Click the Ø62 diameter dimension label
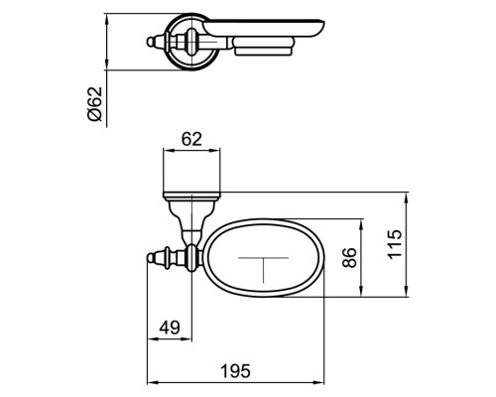(x=93, y=102)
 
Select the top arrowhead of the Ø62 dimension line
(x=106, y=16)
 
